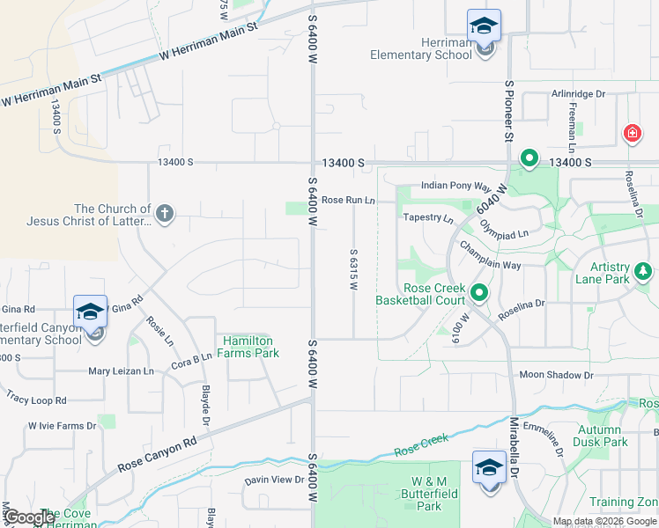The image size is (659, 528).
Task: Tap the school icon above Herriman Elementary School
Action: [484, 26]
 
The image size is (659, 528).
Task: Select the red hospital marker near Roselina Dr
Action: [632, 134]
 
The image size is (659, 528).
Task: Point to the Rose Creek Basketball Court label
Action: [420, 294]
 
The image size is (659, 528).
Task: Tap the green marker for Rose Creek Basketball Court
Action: [479, 292]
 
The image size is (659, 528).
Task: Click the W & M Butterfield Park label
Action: [428, 494]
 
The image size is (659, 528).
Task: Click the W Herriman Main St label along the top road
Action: [209, 42]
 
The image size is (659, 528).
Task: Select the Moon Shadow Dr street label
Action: [556, 375]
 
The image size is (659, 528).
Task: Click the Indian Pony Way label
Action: [455, 186]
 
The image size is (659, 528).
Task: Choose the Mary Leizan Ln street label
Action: [121, 371]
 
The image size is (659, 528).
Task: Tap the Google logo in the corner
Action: [29, 517]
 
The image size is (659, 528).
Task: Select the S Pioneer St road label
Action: [508, 109]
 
